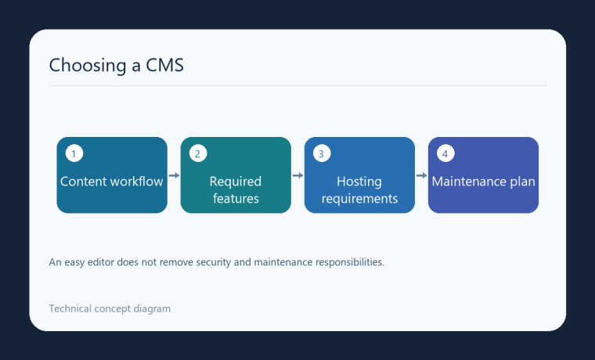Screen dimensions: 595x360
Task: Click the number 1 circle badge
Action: (74, 153)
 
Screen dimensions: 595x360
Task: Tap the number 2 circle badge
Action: (198, 153)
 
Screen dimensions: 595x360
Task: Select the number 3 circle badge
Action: (322, 153)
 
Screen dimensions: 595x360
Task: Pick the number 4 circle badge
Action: (445, 153)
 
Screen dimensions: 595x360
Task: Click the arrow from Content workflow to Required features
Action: (174, 175)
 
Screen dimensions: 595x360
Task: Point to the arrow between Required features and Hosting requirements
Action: (297, 175)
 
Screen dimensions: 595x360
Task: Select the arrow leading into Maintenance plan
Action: (421, 175)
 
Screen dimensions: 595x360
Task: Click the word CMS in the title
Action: (165, 65)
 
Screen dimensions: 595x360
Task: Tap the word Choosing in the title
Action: (88, 65)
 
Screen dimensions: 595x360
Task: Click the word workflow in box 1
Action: (138, 182)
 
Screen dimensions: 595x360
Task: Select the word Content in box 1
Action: (85, 182)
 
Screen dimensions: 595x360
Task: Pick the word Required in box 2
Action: (236, 182)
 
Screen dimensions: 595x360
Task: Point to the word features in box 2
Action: (236, 199)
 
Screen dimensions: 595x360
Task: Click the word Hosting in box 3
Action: (359, 182)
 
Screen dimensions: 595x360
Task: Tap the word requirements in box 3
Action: (359, 199)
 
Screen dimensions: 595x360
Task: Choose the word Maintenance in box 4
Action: (469, 182)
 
